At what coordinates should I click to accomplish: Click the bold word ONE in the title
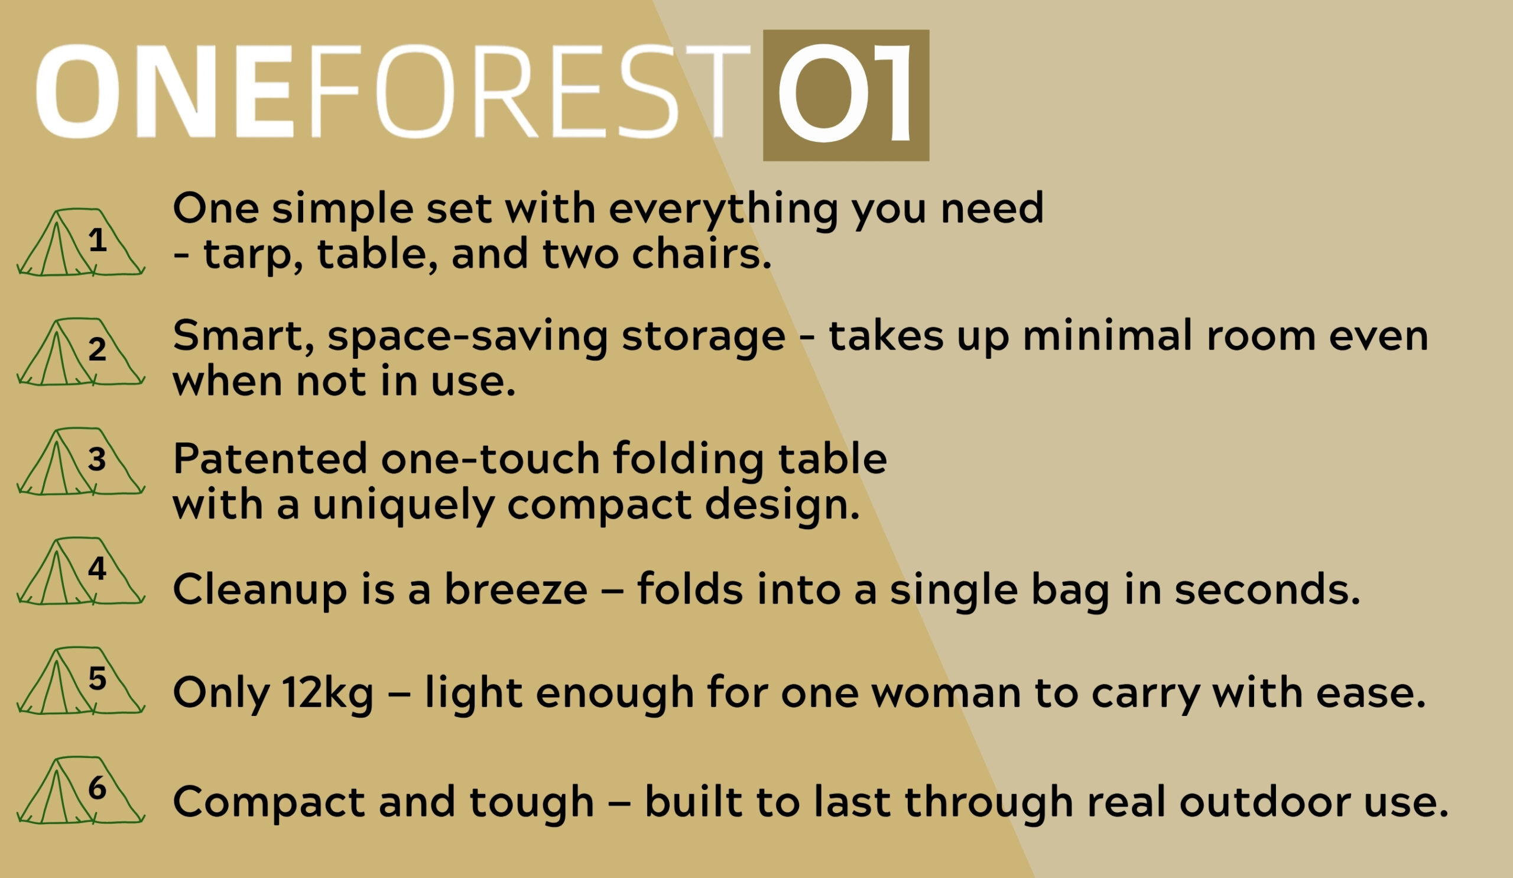click(x=165, y=91)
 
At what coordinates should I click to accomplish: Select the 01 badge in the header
click(x=846, y=95)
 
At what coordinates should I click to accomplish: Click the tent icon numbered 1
click(x=80, y=242)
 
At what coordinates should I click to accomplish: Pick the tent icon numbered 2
click(x=80, y=352)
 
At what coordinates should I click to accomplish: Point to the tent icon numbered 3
click(x=80, y=462)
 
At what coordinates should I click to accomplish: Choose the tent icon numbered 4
click(x=80, y=571)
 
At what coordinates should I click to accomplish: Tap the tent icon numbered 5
click(x=80, y=681)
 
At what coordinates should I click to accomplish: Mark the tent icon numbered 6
click(x=80, y=790)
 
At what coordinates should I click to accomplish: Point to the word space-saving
click(x=467, y=338)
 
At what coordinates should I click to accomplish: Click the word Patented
click(x=270, y=459)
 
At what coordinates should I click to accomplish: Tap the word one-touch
click(x=491, y=459)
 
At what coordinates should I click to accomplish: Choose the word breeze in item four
click(x=516, y=589)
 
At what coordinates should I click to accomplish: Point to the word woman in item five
click(x=946, y=693)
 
